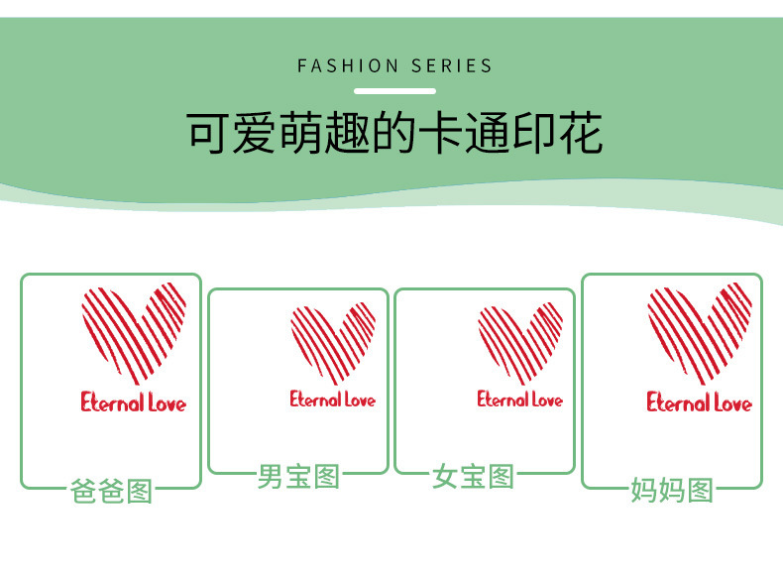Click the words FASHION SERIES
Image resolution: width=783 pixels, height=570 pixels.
394,66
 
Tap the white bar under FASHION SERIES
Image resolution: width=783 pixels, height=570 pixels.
394,91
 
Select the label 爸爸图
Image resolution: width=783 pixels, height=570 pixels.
111,491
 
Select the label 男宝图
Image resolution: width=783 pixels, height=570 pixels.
298,477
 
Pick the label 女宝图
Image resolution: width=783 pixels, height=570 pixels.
473,477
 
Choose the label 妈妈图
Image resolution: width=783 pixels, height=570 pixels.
672,490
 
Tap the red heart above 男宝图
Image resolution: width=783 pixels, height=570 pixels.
333,342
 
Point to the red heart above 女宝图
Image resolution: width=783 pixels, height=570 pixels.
520,342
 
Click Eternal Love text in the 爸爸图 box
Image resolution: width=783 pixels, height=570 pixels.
133,402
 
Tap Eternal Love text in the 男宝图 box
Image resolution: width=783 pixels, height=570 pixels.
333,399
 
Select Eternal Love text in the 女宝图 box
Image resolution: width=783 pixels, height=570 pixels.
519,399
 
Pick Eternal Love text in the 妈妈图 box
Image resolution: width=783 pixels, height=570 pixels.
699,402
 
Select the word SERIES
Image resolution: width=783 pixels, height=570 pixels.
455,66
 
